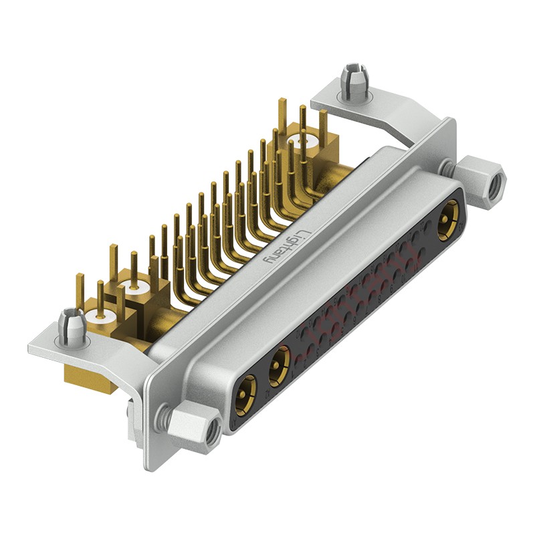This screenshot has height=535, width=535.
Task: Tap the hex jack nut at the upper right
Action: [x=480, y=181]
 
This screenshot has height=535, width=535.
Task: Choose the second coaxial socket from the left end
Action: [x=278, y=369]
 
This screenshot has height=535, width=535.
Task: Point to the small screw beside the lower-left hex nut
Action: [x=163, y=417]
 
